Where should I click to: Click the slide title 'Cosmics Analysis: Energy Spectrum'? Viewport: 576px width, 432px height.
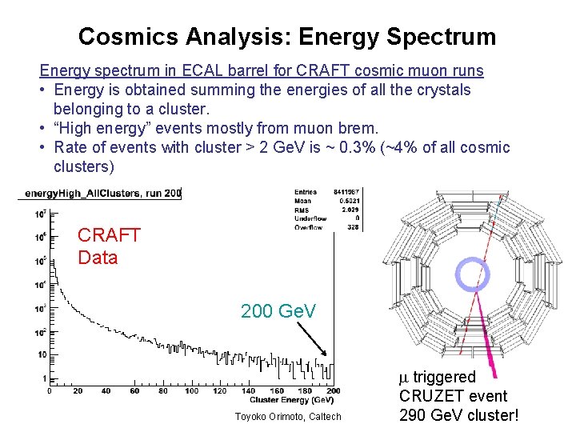tap(287, 37)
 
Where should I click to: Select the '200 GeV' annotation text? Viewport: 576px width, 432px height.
tap(278, 310)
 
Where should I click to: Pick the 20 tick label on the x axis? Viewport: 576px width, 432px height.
tap(78, 390)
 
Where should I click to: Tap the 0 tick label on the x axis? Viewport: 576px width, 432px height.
tap(50, 390)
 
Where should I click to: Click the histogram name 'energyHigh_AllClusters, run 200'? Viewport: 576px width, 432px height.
tap(103, 193)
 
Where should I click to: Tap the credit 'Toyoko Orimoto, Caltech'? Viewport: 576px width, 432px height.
tap(288, 416)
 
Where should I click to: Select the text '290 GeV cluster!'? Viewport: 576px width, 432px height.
tap(458, 415)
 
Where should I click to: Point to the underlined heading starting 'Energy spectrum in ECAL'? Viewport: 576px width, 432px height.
tap(262, 71)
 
